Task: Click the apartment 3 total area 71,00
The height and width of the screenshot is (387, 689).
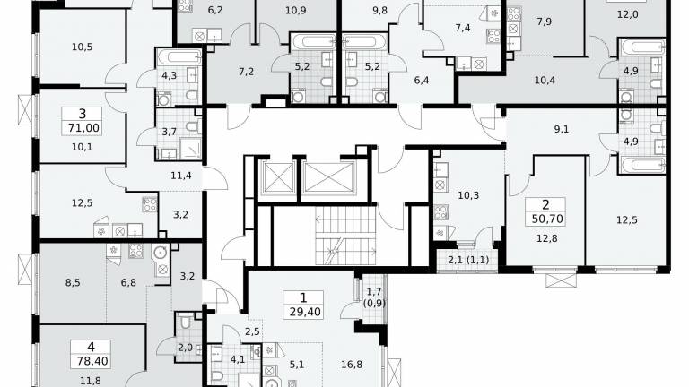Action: coord(83,128)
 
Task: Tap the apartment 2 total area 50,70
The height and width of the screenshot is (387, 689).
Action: coord(547,219)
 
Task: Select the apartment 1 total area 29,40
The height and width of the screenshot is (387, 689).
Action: coord(305,312)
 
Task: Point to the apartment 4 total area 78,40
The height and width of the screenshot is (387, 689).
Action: coord(91,361)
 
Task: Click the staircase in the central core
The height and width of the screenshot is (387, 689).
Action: coord(345,236)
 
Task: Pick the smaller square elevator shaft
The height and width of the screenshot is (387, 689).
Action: coord(278,177)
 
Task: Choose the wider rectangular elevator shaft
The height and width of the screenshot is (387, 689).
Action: coord(328,177)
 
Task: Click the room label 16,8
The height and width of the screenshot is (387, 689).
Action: coord(352,365)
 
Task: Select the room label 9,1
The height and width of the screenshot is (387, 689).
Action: coord(561,129)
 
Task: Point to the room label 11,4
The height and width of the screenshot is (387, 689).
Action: coord(181,176)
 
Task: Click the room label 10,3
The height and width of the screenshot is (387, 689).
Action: coord(468,195)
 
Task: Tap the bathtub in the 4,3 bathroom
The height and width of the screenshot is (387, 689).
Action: coord(179,57)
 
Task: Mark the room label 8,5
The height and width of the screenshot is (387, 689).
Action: coord(73,282)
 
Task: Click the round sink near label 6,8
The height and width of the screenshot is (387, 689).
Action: coord(160,252)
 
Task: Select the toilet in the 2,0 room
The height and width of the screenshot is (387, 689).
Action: coord(186,322)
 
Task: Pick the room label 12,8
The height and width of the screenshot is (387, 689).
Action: coord(547,238)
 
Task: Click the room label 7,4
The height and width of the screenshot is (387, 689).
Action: coord(463,28)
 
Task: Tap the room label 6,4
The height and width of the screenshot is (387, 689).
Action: coord(422,80)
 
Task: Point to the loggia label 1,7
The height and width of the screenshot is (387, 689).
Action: coord(374,292)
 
